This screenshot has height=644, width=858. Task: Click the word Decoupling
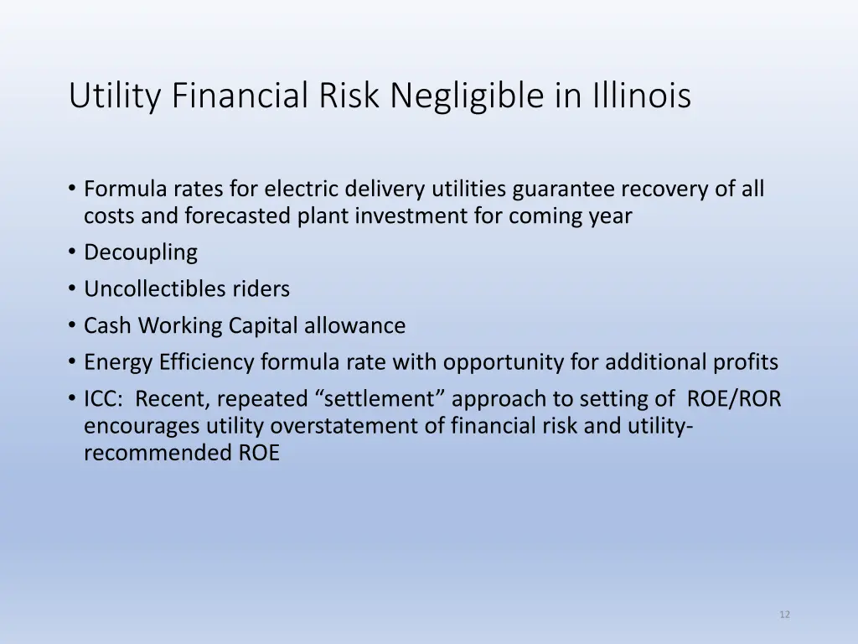(x=141, y=252)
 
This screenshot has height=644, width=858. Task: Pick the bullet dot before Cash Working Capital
(x=73, y=325)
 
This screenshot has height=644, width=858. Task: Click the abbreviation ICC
(x=102, y=399)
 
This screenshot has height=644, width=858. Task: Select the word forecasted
(x=238, y=216)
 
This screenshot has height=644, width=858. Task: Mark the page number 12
(x=784, y=615)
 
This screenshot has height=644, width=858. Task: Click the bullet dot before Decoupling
(x=73, y=252)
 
